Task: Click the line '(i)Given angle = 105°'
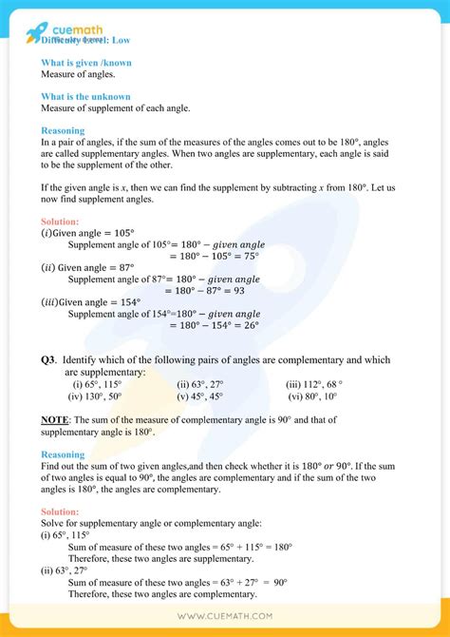click(88, 233)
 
